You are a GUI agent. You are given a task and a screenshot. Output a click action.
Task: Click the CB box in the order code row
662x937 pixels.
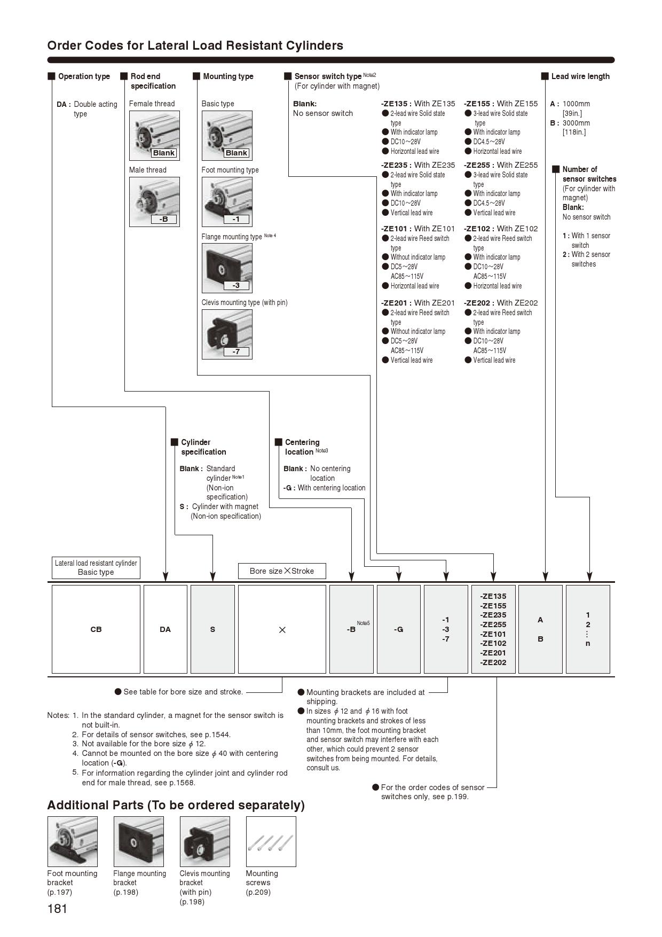(96, 629)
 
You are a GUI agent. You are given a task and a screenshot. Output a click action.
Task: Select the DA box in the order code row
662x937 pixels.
(165, 629)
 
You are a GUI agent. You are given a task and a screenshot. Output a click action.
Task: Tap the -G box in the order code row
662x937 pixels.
(398, 629)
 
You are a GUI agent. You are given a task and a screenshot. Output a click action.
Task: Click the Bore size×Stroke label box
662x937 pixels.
(282, 571)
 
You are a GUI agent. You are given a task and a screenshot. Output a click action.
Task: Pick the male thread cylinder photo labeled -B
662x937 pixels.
(154, 202)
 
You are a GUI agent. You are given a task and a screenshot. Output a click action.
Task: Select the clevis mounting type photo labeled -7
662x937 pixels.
(227, 334)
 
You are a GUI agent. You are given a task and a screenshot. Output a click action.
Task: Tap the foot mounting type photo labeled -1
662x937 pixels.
(227, 202)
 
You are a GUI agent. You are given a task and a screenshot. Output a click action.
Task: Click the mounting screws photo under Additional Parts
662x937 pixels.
(271, 841)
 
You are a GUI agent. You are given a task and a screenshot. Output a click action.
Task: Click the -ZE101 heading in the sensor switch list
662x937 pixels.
(396, 229)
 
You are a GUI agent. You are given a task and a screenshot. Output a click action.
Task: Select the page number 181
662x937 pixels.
(58, 909)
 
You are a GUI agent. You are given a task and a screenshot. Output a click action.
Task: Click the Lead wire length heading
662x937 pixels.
(580, 76)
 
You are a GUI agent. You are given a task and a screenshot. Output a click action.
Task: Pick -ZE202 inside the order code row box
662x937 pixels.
(493, 662)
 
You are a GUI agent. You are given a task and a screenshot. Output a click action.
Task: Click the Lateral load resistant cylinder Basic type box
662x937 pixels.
(96, 568)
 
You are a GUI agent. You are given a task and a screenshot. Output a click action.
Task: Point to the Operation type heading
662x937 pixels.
(84, 76)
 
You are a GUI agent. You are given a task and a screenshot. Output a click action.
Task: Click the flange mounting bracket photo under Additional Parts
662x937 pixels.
(138, 841)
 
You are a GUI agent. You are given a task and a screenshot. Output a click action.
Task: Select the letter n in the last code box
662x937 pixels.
(588, 644)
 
